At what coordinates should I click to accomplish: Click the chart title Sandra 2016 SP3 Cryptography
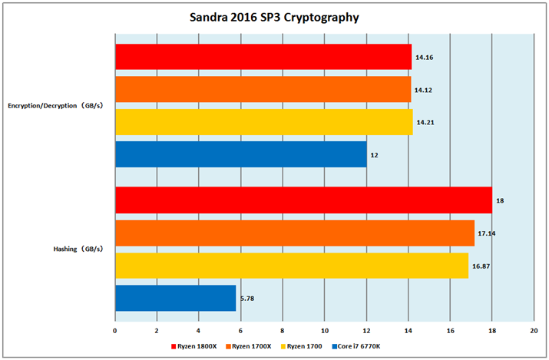click(274, 17)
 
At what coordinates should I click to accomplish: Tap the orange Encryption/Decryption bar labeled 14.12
click(263, 89)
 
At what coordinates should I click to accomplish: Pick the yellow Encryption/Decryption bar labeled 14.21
click(263, 121)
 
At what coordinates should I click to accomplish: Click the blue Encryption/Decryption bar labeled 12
click(240, 154)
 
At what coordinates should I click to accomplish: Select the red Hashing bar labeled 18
click(303, 200)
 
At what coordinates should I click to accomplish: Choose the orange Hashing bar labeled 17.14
click(294, 232)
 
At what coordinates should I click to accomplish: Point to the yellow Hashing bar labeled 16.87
click(291, 265)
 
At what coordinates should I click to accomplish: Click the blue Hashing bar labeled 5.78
click(175, 298)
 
